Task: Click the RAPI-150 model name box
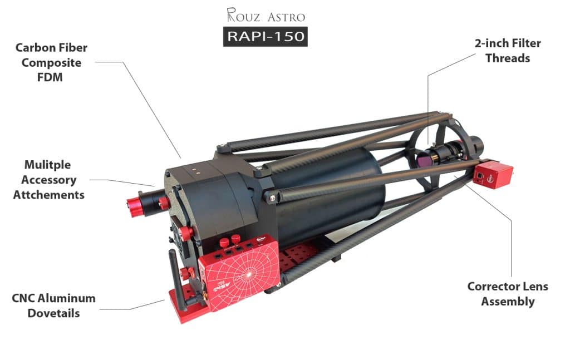266,36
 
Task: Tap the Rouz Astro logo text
266,15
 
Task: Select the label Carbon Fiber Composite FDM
51,62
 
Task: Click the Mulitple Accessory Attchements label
49,180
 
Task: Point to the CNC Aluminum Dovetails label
54,305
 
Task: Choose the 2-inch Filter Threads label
508,51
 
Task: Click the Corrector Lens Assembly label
508,294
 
